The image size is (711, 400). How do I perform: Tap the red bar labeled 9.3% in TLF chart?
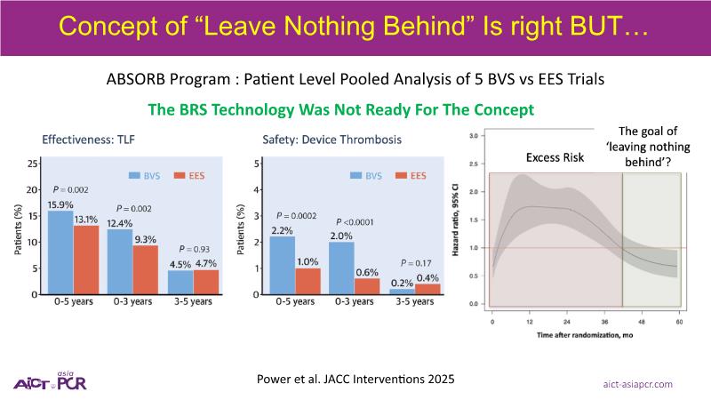(x=146, y=269)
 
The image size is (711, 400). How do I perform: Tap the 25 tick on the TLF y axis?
(x=32, y=164)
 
